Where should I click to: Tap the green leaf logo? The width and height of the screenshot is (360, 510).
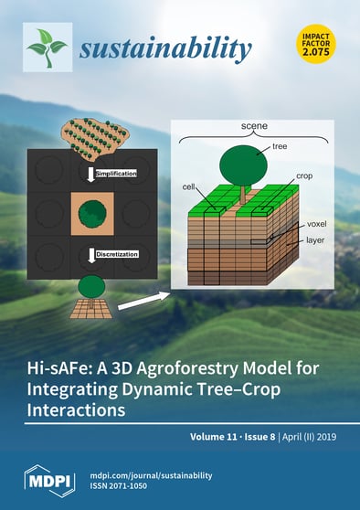point(47,46)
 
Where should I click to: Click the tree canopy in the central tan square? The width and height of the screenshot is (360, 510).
point(90,215)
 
